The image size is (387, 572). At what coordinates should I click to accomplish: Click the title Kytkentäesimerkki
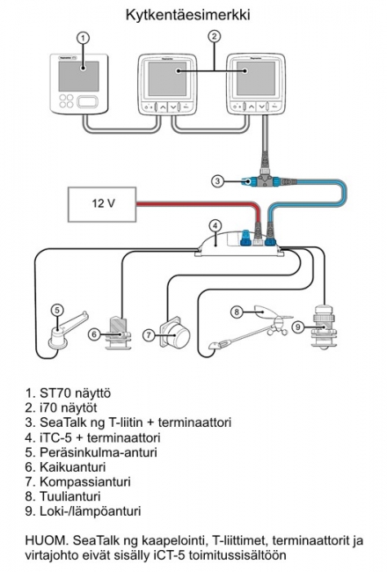click(x=194, y=15)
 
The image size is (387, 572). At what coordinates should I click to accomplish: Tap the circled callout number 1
click(x=82, y=39)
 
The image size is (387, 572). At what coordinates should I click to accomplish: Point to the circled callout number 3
click(x=217, y=181)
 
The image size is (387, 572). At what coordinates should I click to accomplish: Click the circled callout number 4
click(x=214, y=225)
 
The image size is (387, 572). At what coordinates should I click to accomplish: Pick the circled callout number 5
click(x=56, y=309)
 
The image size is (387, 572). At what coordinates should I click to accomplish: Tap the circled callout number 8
click(x=236, y=312)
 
